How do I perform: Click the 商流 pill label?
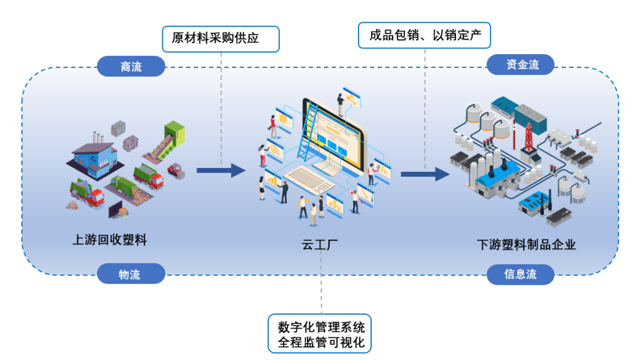click(131, 67)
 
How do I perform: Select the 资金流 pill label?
click(521, 64)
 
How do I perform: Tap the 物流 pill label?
click(130, 274)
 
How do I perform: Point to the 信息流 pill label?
click(521, 274)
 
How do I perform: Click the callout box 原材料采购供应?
click(221, 38)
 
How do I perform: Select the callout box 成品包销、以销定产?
click(425, 35)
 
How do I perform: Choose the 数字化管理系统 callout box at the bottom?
click(321, 335)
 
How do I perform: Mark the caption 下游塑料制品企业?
click(526, 245)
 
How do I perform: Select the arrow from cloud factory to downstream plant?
click(425, 174)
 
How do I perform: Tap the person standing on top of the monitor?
click(341, 104)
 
